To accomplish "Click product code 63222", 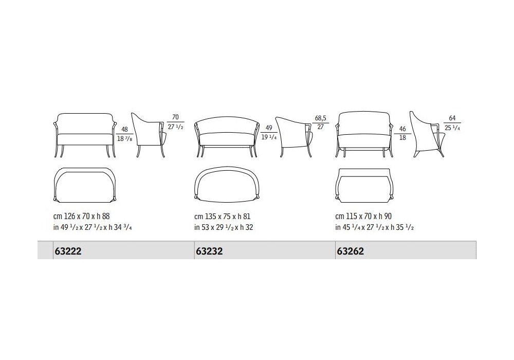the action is click(x=68, y=251).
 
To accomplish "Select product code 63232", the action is click(x=209, y=251).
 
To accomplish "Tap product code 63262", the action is click(x=350, y=251).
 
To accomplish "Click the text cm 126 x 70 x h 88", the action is click(x=81, y=217).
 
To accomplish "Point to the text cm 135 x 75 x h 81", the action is click(x=222, y=217).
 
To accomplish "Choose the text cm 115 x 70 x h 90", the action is click(x=363, y=217).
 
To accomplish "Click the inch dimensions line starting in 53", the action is click(x=224, y=227).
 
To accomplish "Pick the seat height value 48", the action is click(x=124, y=130).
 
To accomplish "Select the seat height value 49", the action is click(x=269, y=128).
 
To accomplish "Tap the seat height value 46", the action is click(x=402, y=129).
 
